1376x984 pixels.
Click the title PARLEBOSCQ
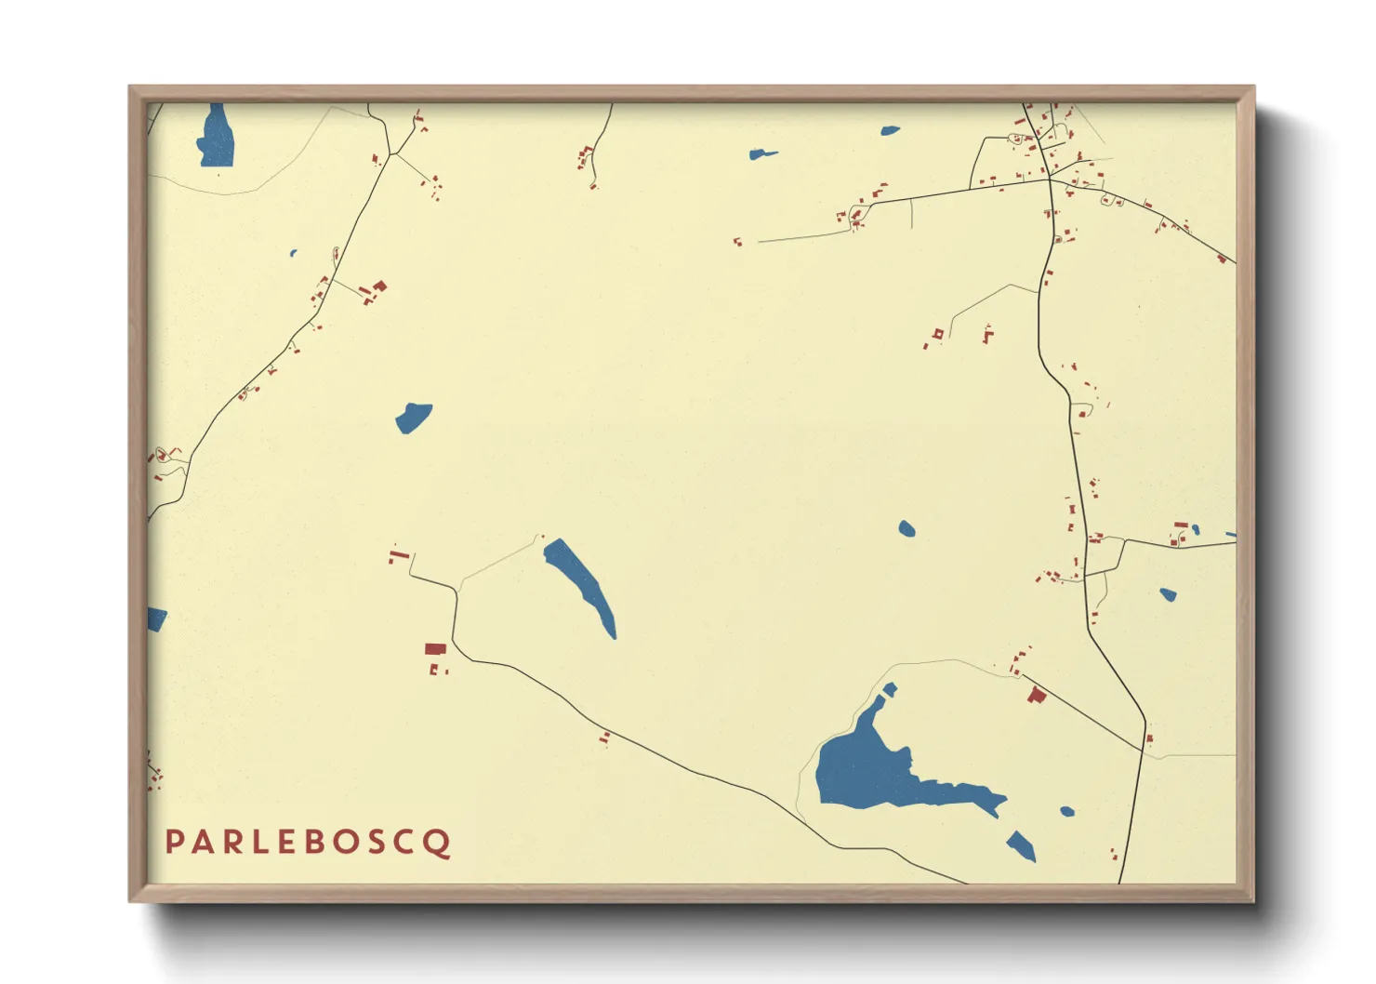308,842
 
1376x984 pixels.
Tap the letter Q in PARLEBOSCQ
439,843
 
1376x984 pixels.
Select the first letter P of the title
174,842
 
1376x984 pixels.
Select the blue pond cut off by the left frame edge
155,618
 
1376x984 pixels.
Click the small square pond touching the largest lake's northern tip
890,689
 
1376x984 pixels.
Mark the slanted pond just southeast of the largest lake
1021,845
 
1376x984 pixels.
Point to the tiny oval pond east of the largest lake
1067,812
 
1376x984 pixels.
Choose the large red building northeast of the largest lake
1037,694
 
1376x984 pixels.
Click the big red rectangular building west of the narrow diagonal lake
435,648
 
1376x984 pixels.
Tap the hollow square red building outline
938,333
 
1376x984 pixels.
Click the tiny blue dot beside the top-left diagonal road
293,253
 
